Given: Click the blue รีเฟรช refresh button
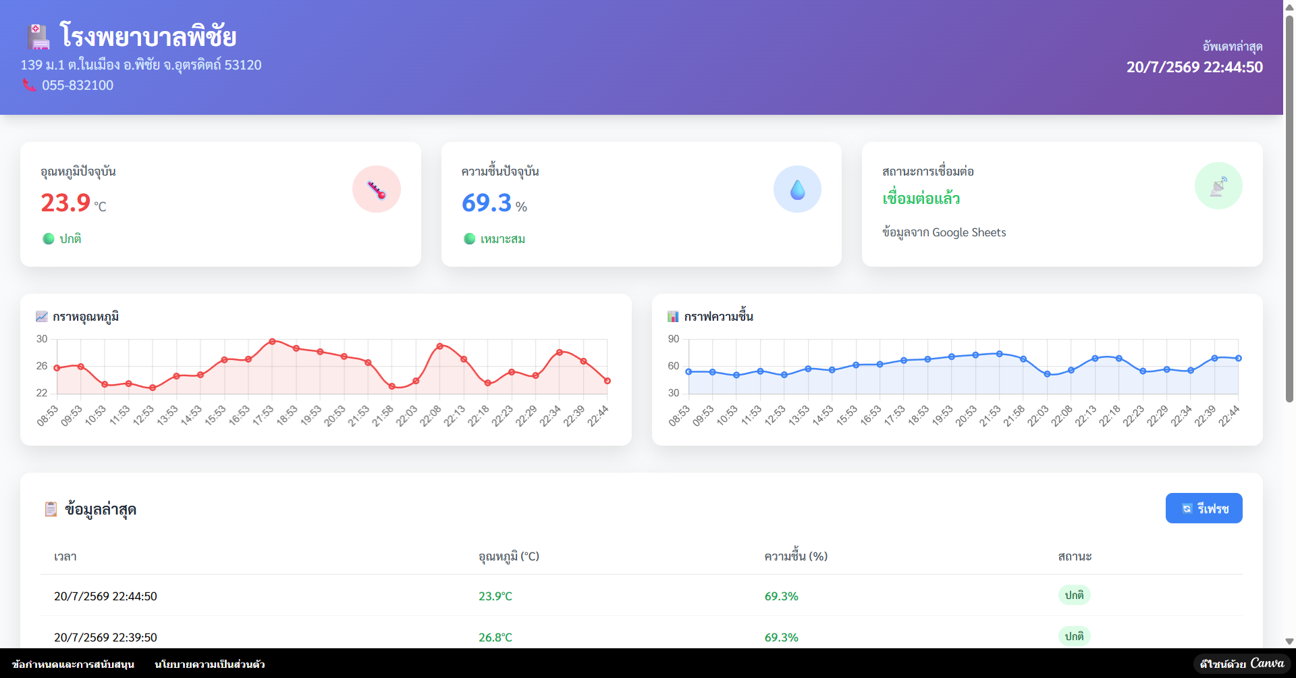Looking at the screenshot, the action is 1204,508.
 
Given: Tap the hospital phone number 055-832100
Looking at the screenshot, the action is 78,85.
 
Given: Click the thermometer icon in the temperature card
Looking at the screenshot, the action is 377,190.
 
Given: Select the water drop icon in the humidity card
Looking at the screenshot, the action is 797,190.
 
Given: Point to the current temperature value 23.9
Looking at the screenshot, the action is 65,203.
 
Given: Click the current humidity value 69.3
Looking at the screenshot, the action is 487,203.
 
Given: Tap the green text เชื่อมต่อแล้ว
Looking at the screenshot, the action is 921,199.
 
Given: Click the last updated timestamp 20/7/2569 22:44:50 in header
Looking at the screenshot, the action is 1195,67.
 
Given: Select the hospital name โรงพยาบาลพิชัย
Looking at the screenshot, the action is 148,36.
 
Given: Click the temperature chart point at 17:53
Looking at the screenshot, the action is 272,342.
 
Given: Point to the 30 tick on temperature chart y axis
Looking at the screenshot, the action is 42,339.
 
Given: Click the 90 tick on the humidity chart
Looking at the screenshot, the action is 674,339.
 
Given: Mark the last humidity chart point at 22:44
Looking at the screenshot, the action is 1239,359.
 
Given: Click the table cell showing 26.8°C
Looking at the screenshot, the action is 495,637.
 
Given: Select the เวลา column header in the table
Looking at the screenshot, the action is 65,556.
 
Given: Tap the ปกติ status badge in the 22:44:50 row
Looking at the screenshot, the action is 1074,595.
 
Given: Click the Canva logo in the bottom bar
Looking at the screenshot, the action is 1267,663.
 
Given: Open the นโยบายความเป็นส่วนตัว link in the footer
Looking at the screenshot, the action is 210,664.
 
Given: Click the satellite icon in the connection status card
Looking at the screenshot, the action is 1218,186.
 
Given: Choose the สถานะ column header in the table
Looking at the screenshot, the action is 1075,556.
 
